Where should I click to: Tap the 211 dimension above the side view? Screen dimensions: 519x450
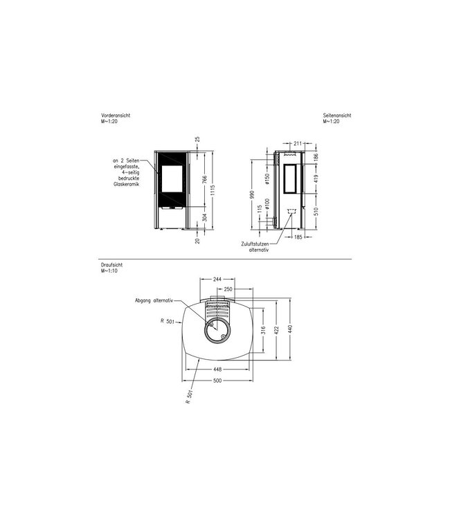[297, 143]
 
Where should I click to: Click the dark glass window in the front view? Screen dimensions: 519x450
[173, 179]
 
